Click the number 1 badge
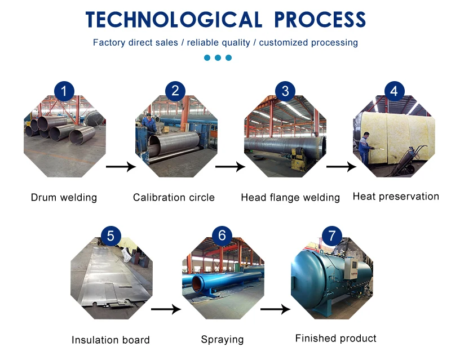point(64,91)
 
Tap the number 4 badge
point(395,91)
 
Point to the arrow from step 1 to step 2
point(121,167)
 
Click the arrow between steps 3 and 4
point(341,167)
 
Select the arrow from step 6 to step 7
point(275,309)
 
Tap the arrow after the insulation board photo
point(165,309)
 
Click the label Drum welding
point(64,198)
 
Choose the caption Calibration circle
point(174,198)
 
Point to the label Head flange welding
point(290,198)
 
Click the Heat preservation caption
point(396,197)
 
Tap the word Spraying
point(222,340)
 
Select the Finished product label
point(335,339)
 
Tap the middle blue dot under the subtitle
point(218,57)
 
